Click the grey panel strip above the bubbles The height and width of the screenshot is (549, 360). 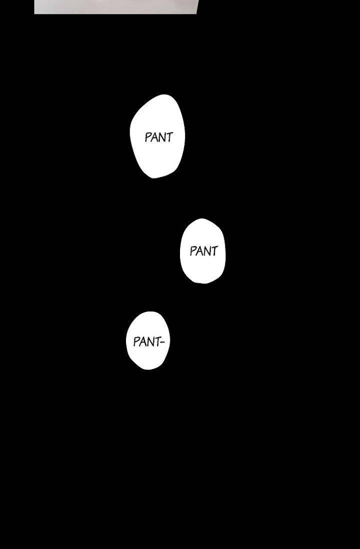tap(116, 6)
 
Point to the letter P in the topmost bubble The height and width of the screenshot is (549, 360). tap(148, 138)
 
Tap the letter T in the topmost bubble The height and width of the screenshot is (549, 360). tap(169, 137)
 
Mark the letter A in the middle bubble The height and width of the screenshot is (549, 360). tap(200, 251)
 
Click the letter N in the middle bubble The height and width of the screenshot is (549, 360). tap(207, 251)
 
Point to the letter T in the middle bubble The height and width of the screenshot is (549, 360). tap(214, 251)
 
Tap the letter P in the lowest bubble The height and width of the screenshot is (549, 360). tap(136, 342)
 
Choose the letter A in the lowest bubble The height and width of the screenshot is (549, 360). tap(142, 342)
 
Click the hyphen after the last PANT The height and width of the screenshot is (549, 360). tap(162, 342)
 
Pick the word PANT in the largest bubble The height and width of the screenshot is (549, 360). tap(158, 138)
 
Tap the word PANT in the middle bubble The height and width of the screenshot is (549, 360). tap(204, 251)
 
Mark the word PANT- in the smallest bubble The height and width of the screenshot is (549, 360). tap(149, 342)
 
